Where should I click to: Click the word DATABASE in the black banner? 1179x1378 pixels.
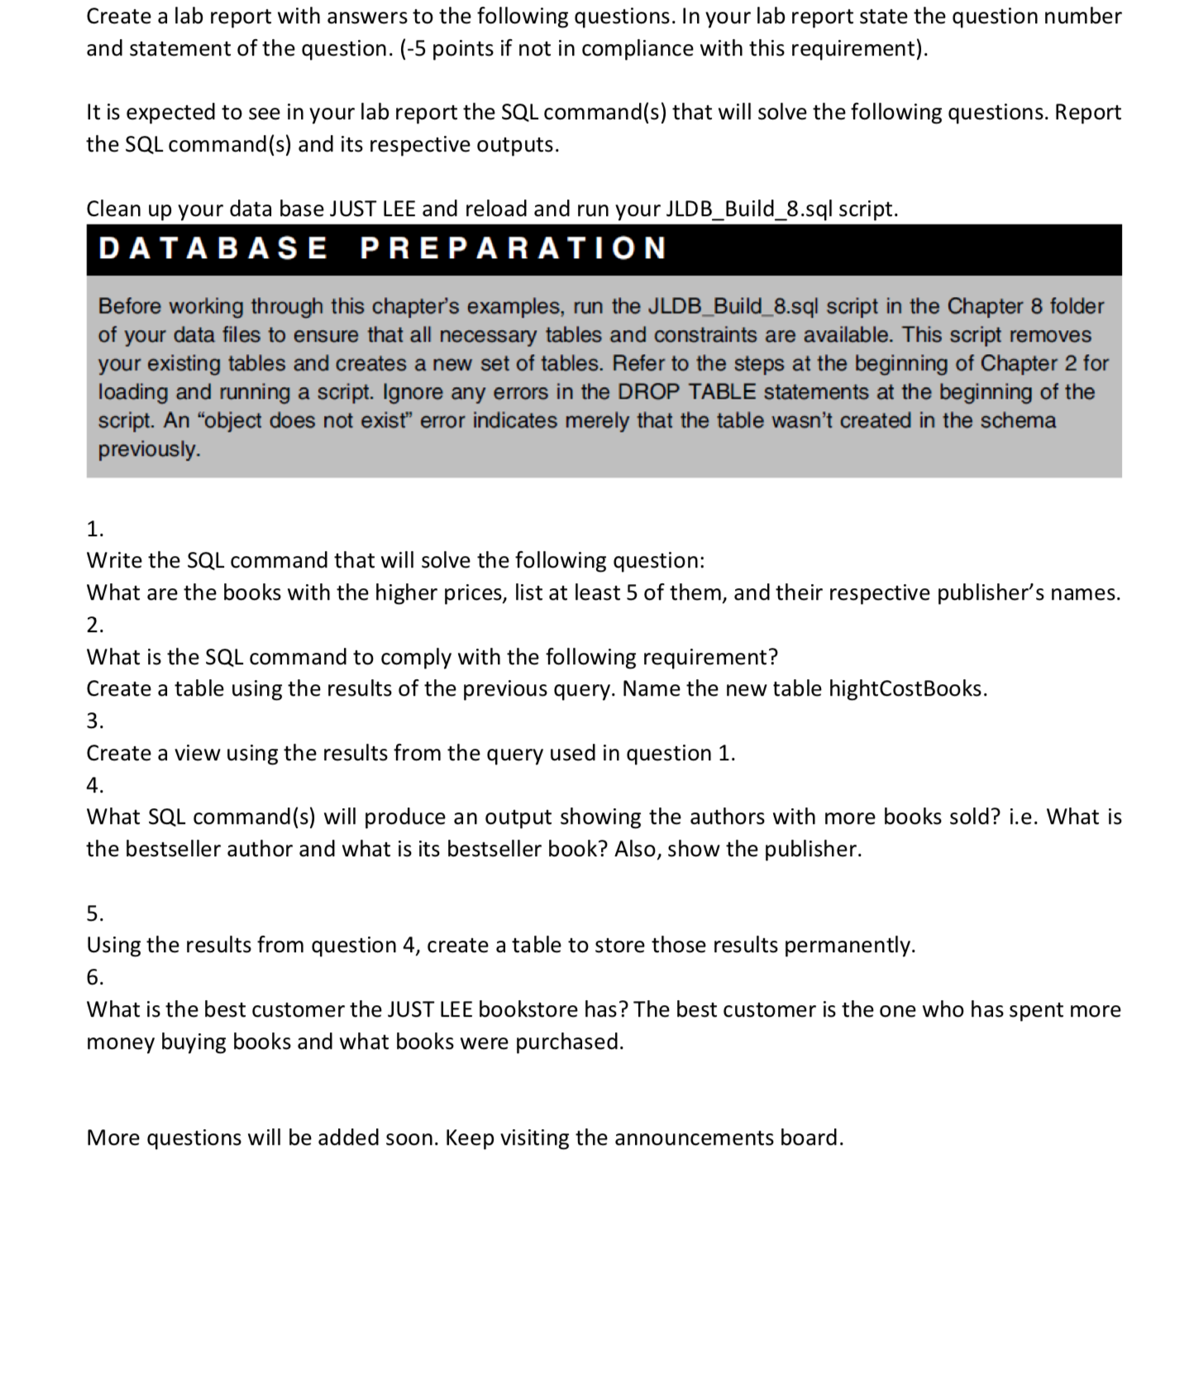pos(212,248)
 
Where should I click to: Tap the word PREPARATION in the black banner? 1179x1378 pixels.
pos(513,248)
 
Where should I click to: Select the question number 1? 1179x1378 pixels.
pos(95,529)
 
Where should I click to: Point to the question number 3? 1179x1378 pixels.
pos(95,721)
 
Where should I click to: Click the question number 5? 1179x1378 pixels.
pos(95,914)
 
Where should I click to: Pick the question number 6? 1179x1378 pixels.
pos(95,978)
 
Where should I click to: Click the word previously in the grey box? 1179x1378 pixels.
pos(149,450)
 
